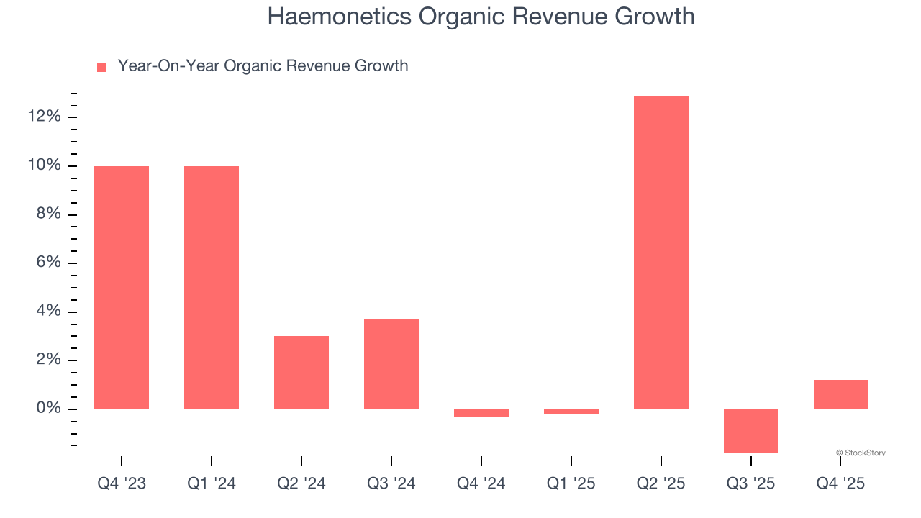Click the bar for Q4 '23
[x=122, y=288]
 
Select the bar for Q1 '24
[x=212, y=288]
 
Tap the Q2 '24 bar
[x=301, y=373]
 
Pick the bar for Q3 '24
[x=391, y=364]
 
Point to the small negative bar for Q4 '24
[x=481, y=413]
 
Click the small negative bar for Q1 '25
[x=571, y=412]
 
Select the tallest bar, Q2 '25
[x=661, y=253]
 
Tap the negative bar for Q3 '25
[x=750, y=431]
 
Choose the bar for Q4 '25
[x=840, y=394]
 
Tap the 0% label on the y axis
[x=47, y=409]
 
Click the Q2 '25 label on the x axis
[x=661, y=483]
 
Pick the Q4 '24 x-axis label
[x=481, y=483]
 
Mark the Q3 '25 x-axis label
[x=750, y=483]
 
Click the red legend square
[x=101, y=68]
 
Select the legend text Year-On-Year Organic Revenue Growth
[x=263, y=66]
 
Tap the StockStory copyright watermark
[x=861, y=453]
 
